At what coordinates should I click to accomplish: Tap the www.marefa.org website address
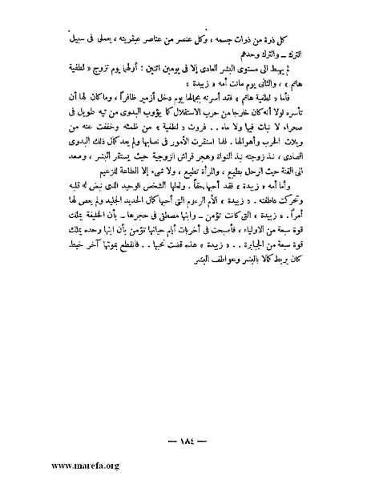click(x=50, y=464)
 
